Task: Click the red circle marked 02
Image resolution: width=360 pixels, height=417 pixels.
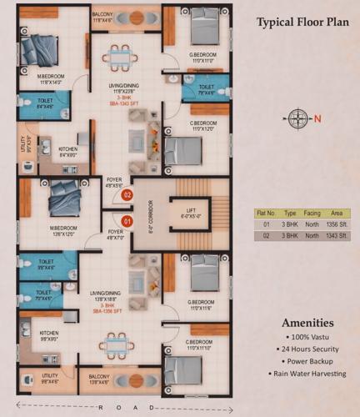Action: click(x=127, y=195)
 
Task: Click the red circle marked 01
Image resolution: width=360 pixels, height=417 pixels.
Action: click(x=127, y=221)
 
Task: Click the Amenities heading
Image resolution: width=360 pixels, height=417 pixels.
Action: click(x=307, y=323)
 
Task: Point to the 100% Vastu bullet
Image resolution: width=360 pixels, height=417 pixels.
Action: click(x=307, y=335)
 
